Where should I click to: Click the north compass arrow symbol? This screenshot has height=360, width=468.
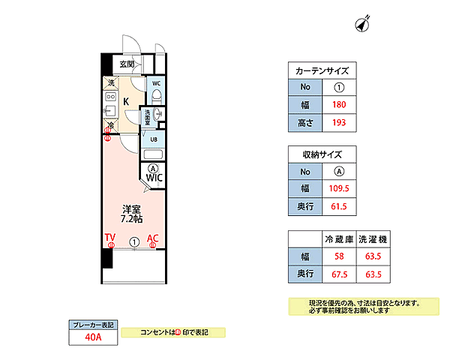(x=365, y=25)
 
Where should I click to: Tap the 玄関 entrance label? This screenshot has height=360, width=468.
(x=116, y=64)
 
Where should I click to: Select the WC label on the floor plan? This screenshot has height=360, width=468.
(x=156, y=83)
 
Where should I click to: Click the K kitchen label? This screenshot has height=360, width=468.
(x=126, y=101)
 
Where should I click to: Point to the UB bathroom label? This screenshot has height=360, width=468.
(x=154, y=139)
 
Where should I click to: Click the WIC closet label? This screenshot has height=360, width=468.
(x=154, y=178)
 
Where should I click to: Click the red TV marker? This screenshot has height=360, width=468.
(x=109, y=239)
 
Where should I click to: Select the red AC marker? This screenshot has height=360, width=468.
(x=153, y=239)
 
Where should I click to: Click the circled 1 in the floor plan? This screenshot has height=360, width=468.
(x=133, y=242)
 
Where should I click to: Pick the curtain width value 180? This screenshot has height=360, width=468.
(x=338, y=104)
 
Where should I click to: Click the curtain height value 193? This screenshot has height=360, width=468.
(x=338, y=121)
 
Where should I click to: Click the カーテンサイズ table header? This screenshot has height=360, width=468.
(x=322, y=70)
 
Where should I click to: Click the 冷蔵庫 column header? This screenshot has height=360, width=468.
(x=338, y=239)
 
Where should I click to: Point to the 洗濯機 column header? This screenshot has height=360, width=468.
(x=373, y=239)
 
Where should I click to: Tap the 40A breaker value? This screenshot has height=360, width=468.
(x=93, y=337)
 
